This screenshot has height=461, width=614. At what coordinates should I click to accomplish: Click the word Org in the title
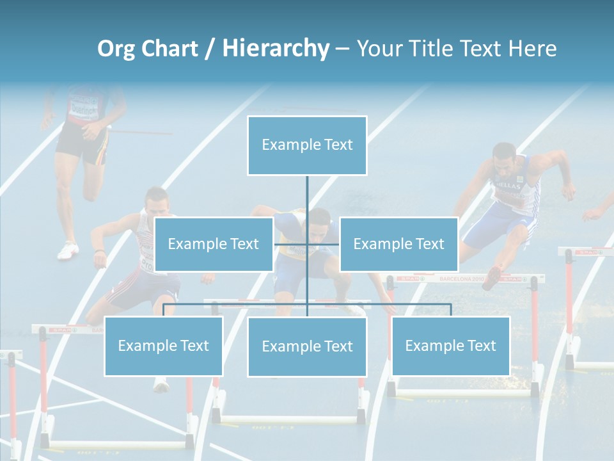pos(116,49)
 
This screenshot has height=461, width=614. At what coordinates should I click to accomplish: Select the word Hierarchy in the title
pos(276,49)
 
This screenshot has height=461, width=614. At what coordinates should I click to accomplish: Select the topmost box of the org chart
pos(307,145)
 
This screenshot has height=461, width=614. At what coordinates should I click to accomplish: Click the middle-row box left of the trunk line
pos(214,244)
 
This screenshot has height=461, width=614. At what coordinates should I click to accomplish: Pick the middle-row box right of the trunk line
pos(398,244)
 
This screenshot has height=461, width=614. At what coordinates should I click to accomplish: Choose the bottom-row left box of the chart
pos(163,346)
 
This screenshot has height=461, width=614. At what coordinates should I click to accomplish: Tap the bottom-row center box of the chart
pos(307,346)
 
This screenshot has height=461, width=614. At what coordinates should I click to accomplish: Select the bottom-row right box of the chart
pos(450,346)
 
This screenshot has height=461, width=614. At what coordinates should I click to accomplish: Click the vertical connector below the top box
pos(307,198)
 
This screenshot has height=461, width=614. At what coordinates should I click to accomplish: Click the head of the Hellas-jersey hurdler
pos(505,158)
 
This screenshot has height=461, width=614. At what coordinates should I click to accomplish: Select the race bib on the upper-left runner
pos(83,106)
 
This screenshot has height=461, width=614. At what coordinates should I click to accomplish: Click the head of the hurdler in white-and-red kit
pos(155,204)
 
